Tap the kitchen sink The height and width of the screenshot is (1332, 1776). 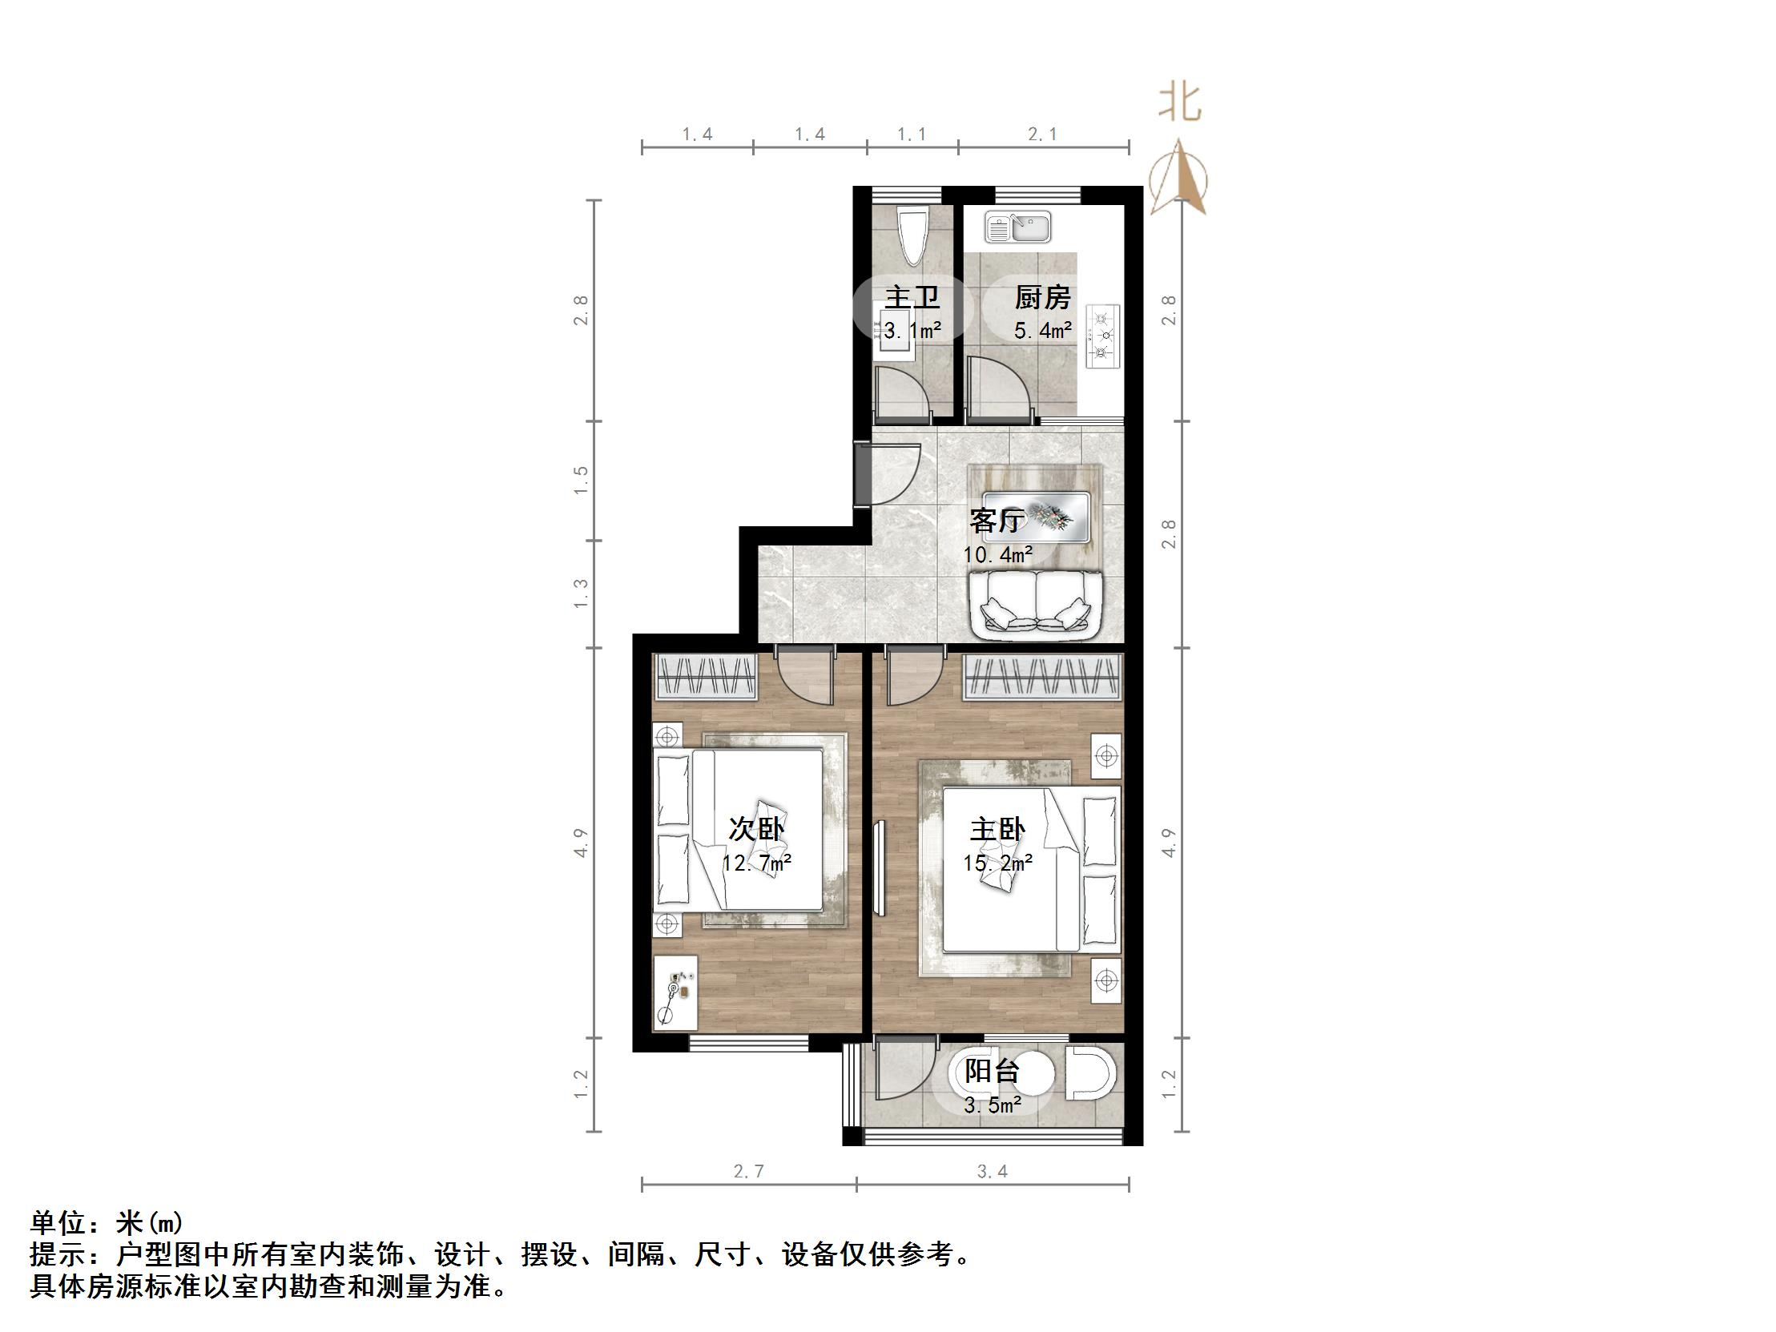coord(1018,228)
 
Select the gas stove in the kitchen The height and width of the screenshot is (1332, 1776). coord(1103,336)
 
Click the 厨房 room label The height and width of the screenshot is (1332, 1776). coord(1042,299)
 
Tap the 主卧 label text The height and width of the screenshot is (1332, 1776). coord(997,829)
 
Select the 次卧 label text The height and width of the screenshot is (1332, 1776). coord(755,829)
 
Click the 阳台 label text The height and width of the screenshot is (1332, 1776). coord(993,1072)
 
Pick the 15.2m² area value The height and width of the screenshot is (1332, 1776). coord(997,864)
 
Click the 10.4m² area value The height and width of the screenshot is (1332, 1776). coord(997,555)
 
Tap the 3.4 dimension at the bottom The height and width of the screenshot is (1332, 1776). coord(993,1173)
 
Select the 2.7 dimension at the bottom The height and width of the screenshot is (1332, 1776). coord(748,1173)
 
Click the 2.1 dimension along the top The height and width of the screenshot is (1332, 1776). coord(1043,135)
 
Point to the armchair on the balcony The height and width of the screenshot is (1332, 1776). coord(1090,1072)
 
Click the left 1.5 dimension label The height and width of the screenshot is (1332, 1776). coord(582,480)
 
